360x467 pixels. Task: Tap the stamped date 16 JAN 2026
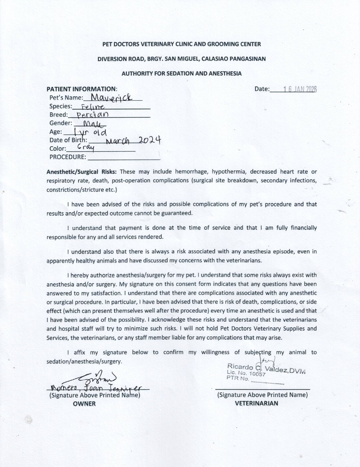(x=299, y=89)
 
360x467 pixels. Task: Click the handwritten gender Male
(x=91, y=123)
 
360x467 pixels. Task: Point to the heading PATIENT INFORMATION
(x=82, y=89)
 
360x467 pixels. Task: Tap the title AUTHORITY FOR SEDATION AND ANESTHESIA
(x=181, y=74)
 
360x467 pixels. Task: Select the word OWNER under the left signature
(x=84, y=403)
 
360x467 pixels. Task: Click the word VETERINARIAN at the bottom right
(x=256, y=403)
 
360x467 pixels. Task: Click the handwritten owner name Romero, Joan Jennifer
(x=95, y=387)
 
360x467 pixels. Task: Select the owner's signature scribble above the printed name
(x=95, y=376)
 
